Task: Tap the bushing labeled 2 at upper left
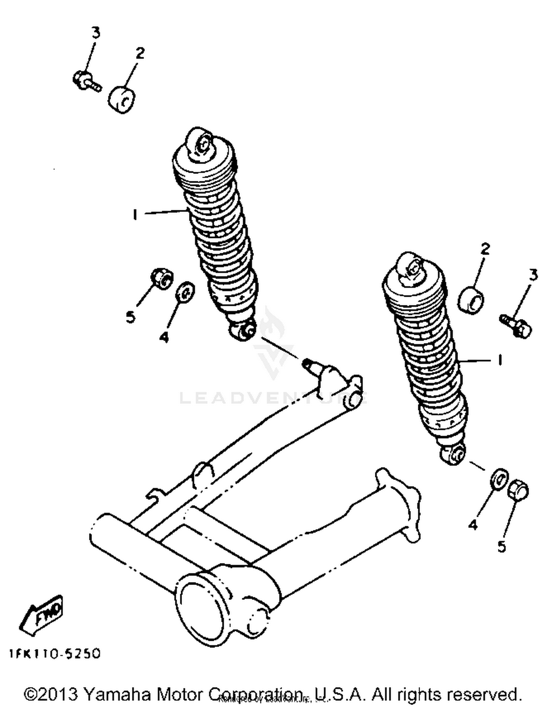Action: (122, 99)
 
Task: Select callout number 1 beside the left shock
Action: (135, 215)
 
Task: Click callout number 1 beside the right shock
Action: (500, 360)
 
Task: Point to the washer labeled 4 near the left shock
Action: (185, 292)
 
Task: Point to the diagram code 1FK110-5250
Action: (55, 654)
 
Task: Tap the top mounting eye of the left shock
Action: (200, 143)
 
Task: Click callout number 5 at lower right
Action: (502, 546)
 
